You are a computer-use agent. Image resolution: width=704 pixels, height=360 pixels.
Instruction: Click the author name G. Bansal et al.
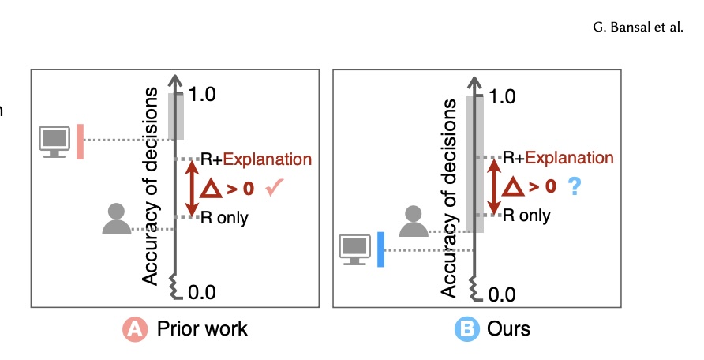(x=636, y=27)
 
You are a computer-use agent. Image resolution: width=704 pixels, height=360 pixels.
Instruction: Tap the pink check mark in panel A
(x=275, y=188)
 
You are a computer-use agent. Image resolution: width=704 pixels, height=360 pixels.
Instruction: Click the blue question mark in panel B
(x=575, y=186)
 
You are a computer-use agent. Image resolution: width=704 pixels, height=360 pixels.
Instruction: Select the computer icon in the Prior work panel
(x=55, y=141)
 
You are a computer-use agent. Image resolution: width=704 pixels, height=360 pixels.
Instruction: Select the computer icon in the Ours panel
(x=354, y=249)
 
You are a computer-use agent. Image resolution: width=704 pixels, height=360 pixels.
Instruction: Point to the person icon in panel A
(x=116, y=219)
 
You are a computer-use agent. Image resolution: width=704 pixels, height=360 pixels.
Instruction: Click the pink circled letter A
(x=137, y=329)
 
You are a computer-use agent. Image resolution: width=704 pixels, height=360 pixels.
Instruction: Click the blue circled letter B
(x=469, y=329)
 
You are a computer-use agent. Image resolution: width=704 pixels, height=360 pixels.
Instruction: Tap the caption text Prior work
(x=202, y=329)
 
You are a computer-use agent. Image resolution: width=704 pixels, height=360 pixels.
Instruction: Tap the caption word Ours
(x=509, y=329)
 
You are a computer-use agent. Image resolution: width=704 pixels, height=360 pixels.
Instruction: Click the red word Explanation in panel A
(x=268, y=159)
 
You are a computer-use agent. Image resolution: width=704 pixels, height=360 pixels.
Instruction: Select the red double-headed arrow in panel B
(x=495, y=186)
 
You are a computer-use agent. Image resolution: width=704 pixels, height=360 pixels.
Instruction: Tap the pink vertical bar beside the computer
(x=80, y=141)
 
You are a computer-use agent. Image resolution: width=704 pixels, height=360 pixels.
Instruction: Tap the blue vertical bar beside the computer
(x=380, y=249)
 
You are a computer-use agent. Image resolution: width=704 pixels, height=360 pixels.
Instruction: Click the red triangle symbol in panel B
(x=514, y=187)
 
